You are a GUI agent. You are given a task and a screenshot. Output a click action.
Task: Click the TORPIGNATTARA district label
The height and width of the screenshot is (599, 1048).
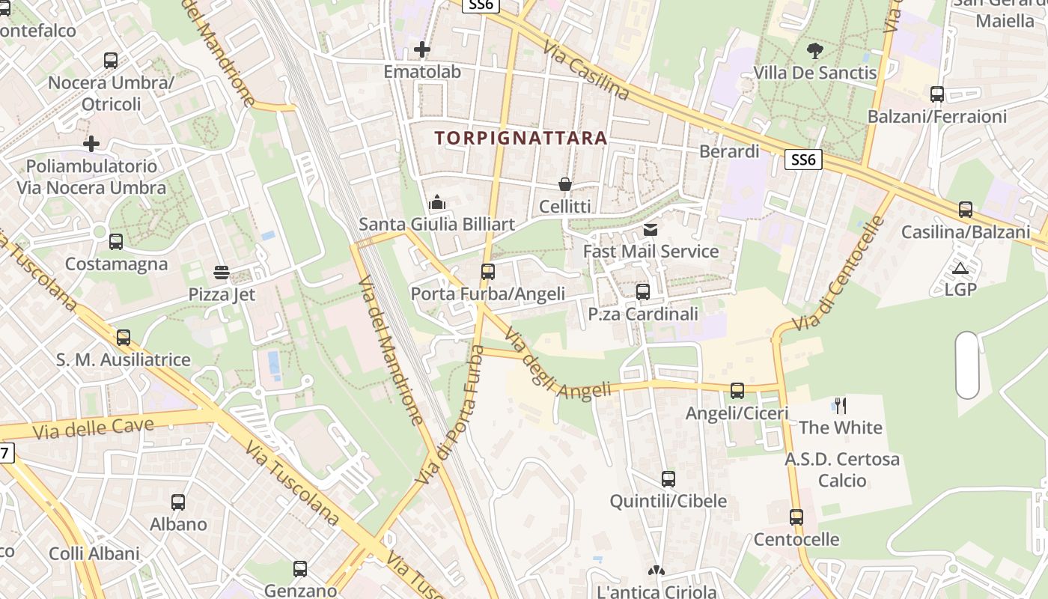click(520, 139)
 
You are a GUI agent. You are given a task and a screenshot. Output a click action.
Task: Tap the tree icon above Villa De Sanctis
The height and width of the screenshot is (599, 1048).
click(815, 51)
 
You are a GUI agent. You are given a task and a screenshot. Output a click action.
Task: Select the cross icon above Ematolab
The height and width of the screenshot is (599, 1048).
click(422, 50)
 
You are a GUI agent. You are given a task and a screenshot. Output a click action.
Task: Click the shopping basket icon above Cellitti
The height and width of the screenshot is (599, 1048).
click(565, 184)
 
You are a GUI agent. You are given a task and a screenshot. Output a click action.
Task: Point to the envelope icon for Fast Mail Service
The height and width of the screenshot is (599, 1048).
click(651, 230)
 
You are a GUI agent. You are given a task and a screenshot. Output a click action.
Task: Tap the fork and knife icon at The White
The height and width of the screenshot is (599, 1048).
click(841, 406)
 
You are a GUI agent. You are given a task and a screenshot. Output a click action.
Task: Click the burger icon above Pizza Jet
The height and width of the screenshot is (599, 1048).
click(222, 273)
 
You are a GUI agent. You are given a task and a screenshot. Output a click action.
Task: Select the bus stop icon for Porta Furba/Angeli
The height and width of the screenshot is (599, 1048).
click(488, 271)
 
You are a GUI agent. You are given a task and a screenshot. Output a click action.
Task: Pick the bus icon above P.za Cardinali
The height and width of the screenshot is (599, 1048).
click(643, 292)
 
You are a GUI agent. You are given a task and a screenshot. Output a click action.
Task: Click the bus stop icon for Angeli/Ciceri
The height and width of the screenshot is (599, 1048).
click(737, 391)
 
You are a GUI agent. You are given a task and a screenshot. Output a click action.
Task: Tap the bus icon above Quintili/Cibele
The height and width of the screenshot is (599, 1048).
click(668, 479)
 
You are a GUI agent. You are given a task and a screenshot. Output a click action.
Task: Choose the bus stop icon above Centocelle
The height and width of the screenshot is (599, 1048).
click(796, 517)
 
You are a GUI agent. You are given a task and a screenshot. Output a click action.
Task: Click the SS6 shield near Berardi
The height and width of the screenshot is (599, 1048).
click(803, 159)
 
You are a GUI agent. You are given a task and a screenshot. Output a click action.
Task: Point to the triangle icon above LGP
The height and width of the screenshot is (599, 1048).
click(960, 268)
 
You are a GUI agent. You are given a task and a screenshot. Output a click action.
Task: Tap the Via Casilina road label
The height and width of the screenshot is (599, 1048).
click(586, 70)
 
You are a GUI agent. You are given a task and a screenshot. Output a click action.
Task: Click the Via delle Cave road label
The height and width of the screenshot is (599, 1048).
click(94, 429)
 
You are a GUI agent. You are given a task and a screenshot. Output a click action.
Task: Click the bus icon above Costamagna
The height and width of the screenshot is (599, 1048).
click(116, 242)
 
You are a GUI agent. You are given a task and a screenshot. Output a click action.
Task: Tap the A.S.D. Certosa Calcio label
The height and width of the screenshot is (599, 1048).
click(842, 469)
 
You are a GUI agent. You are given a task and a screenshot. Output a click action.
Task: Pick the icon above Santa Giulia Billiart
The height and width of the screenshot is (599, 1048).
click(437, 202)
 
